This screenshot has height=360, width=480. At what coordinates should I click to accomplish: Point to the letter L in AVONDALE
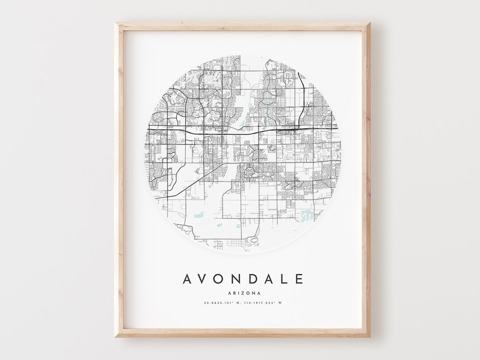[x=284, y=279]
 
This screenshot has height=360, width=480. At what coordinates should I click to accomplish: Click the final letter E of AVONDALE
[x=299, y=279]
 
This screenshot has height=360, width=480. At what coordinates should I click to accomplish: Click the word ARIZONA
[x=243, y=292]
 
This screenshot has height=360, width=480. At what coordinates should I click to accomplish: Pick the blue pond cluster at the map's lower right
[x=307, y=216]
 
